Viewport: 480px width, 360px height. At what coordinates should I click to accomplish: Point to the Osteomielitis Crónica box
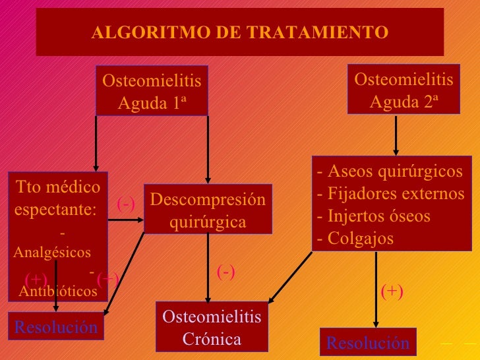pyautogui.click(x=212, y=328)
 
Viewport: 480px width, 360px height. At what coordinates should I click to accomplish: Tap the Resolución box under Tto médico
pyautogui.click(x=55, y=327)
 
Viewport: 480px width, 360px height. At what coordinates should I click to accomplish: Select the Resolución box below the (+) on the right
pyautogui.click(x=368, y=342)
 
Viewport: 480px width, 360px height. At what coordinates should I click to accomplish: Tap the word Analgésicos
pyautogui.click(x=51, y=253)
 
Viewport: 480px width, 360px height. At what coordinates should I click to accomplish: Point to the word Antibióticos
pyautogui.click(x=58, y=291)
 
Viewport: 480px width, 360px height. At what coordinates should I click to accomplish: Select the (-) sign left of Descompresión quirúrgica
pyautogui.click(x=126, y=204)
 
